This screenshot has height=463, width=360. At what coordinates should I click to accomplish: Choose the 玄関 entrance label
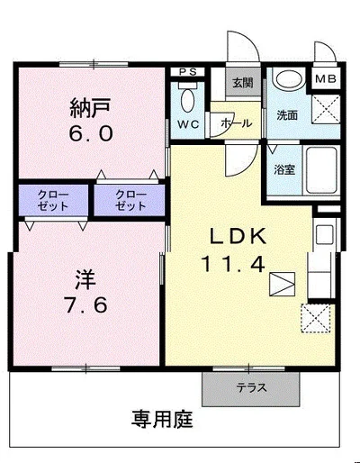point(242,84)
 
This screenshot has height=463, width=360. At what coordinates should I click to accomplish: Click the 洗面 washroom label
point(286,116)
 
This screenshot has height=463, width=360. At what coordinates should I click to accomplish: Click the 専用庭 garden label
point(163,421)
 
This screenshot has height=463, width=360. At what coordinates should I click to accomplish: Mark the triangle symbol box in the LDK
point(283,284)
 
